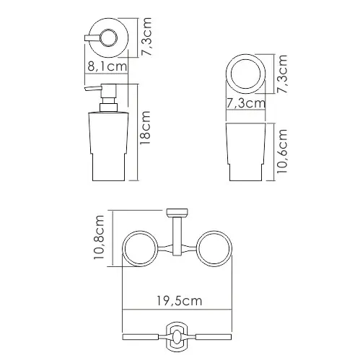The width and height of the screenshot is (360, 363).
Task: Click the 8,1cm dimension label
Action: pos(107,66)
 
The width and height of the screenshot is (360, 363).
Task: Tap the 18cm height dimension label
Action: pos(145,128)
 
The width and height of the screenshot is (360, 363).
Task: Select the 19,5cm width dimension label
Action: pos(180,301)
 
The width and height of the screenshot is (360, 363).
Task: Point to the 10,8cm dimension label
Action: pos(99,237)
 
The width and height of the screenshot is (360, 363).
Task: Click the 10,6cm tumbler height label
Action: pos(282,151)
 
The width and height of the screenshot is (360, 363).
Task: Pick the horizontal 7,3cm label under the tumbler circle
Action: pos(246,103)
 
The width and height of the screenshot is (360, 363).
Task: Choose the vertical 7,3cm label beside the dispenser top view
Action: pos(146,36)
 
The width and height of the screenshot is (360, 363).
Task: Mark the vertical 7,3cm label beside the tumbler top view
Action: pos(282,74)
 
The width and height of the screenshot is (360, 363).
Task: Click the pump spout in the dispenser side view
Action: pos(92,88)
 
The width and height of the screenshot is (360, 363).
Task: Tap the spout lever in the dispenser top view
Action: pos(92,38)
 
